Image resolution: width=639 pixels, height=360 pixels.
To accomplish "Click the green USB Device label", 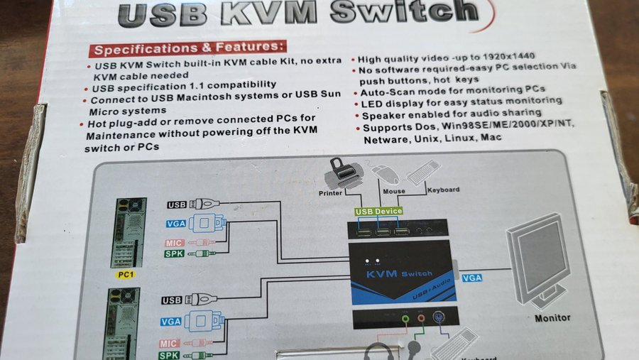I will [378, 211].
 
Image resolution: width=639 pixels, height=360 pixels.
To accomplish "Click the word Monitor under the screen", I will [553, 318].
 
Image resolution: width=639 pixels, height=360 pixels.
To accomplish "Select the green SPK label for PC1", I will [174, 253].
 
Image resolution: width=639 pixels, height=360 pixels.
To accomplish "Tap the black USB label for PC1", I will [177, 204].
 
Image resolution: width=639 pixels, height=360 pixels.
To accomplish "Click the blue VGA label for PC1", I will [176, 223].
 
